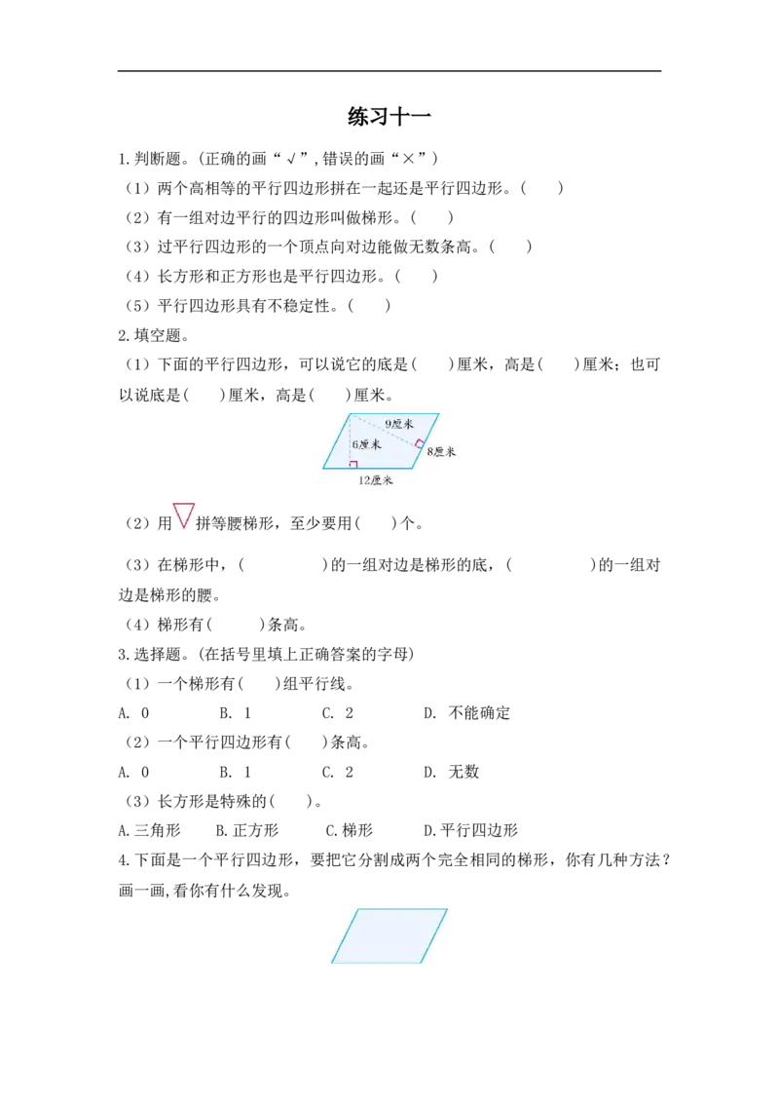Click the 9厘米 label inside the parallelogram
399,424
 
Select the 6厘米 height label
366,444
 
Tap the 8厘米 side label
441,452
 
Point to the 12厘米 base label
375,480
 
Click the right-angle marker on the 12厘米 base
353,464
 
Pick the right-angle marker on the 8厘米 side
420,444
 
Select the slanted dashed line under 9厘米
385,430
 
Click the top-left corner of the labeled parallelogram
351,413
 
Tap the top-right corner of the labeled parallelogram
439,413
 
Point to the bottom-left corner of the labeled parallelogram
323,468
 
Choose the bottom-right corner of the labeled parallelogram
413,468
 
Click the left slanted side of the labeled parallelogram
337,440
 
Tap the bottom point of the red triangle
184,527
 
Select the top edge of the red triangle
185,504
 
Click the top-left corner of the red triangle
173,504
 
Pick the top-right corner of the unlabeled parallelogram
448,909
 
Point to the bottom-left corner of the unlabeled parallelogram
331,964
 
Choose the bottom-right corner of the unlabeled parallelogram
421,964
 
